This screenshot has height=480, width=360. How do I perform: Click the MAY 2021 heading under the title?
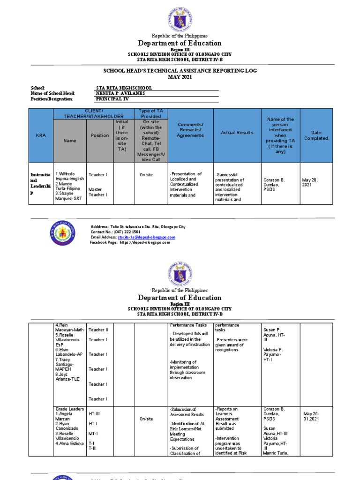click(x=180, y=77)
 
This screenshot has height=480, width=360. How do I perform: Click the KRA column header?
click(x=41, y=135)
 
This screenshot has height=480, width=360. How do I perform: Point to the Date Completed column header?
click(x=316, y=135)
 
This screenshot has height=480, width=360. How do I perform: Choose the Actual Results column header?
click(x=237, y=133)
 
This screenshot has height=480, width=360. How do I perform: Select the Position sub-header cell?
click(x=99, y=135)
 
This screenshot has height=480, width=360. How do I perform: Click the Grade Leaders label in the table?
click(x=68, y=409)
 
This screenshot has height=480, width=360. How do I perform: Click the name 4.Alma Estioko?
click(x=69, y=443)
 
